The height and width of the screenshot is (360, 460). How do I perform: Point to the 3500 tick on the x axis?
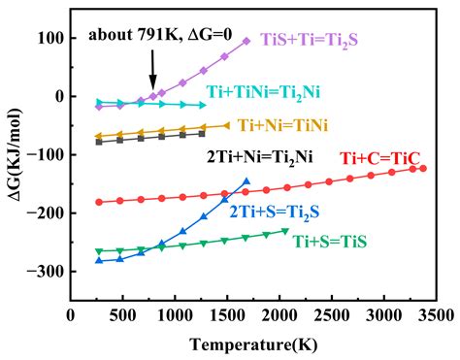click(x=435, y=315)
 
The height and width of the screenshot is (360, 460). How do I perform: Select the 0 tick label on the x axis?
click(x=70, y=315)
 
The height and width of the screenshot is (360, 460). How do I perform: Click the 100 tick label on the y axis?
click(x=50, y=39)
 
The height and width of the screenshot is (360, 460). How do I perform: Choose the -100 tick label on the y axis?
click(x=45, y=155)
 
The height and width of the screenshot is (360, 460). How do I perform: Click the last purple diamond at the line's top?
click(x=246, y=42)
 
